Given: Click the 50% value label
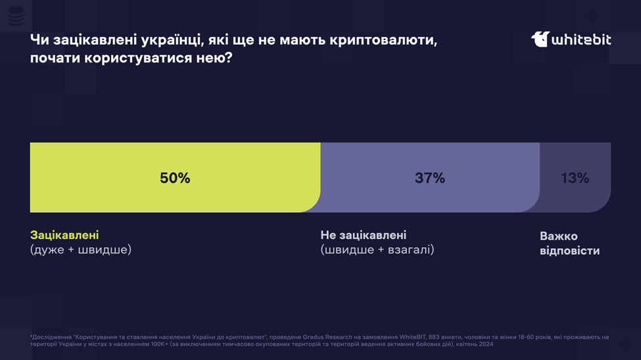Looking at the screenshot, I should point(175,178).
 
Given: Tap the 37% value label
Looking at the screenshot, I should point(430,178).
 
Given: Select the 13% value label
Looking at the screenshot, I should point(575,178).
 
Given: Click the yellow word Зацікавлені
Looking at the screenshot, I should point(64,235).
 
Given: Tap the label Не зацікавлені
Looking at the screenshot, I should point(364,235).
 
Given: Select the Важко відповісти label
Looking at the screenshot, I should point(569,243).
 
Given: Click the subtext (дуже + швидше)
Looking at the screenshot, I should point(81,250).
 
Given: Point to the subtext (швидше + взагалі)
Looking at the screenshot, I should point(377,250).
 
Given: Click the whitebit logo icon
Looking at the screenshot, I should point(540,39).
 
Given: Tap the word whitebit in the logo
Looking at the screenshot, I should point(581,40).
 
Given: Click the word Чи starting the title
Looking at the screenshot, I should point(39,40).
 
